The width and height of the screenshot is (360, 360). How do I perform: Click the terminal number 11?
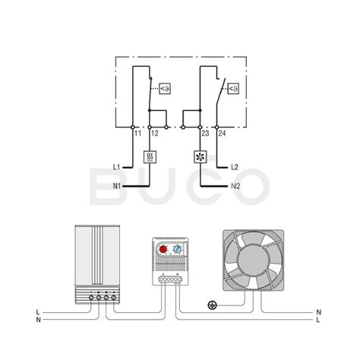[x=137, y=133]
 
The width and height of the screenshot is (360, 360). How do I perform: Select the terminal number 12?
[x=155, y=133]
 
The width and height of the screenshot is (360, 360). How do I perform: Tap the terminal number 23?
[x=205, y=133]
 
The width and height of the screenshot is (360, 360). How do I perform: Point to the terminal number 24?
[x=222, y=133]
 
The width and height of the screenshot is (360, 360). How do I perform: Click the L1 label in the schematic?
[x=117, y=167]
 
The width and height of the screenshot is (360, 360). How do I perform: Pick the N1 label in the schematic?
[x=117, y=186]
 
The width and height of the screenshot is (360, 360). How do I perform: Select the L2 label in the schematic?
[x=235, y=167]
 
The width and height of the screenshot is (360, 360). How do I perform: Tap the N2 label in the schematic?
[x=235, y=186]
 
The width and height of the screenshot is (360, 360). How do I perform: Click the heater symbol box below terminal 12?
[x=150, y=157]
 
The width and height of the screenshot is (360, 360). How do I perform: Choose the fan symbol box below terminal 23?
[x=201, y=157]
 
